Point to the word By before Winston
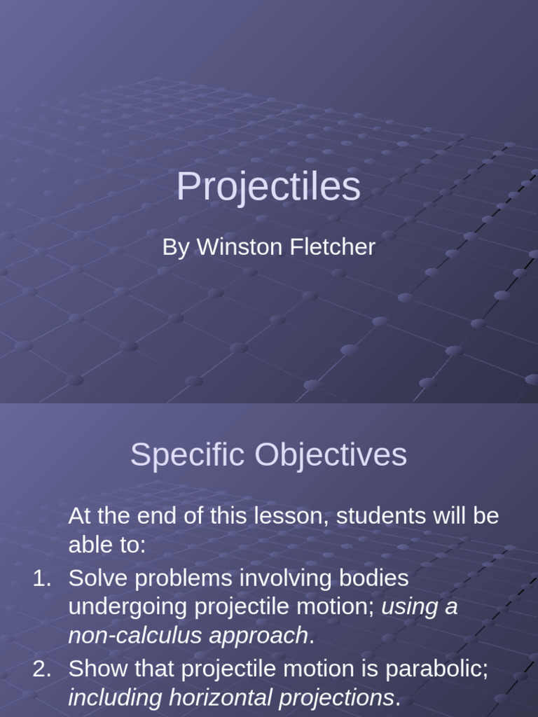coord(176,247)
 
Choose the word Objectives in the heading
coord(330,455)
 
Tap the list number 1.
coord(41,578)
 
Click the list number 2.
coord(41,669)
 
